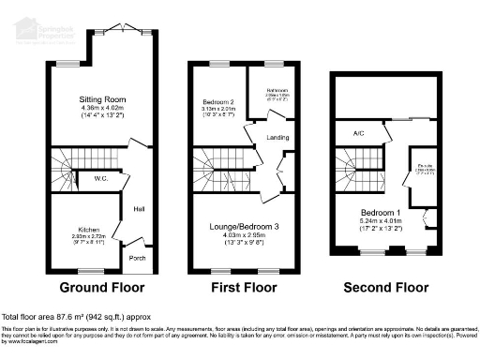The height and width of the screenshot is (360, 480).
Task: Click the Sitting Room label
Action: (102, 98)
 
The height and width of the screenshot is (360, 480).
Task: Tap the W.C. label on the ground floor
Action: (103, 176)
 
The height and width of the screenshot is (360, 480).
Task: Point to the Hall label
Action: (139, 209)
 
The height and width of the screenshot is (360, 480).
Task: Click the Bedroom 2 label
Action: (218, 100)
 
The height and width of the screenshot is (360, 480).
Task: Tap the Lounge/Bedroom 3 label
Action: (242, 226)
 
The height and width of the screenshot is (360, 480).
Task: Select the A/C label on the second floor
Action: (357, 132)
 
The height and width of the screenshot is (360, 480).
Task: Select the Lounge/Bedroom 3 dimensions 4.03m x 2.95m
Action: (242, 234)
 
